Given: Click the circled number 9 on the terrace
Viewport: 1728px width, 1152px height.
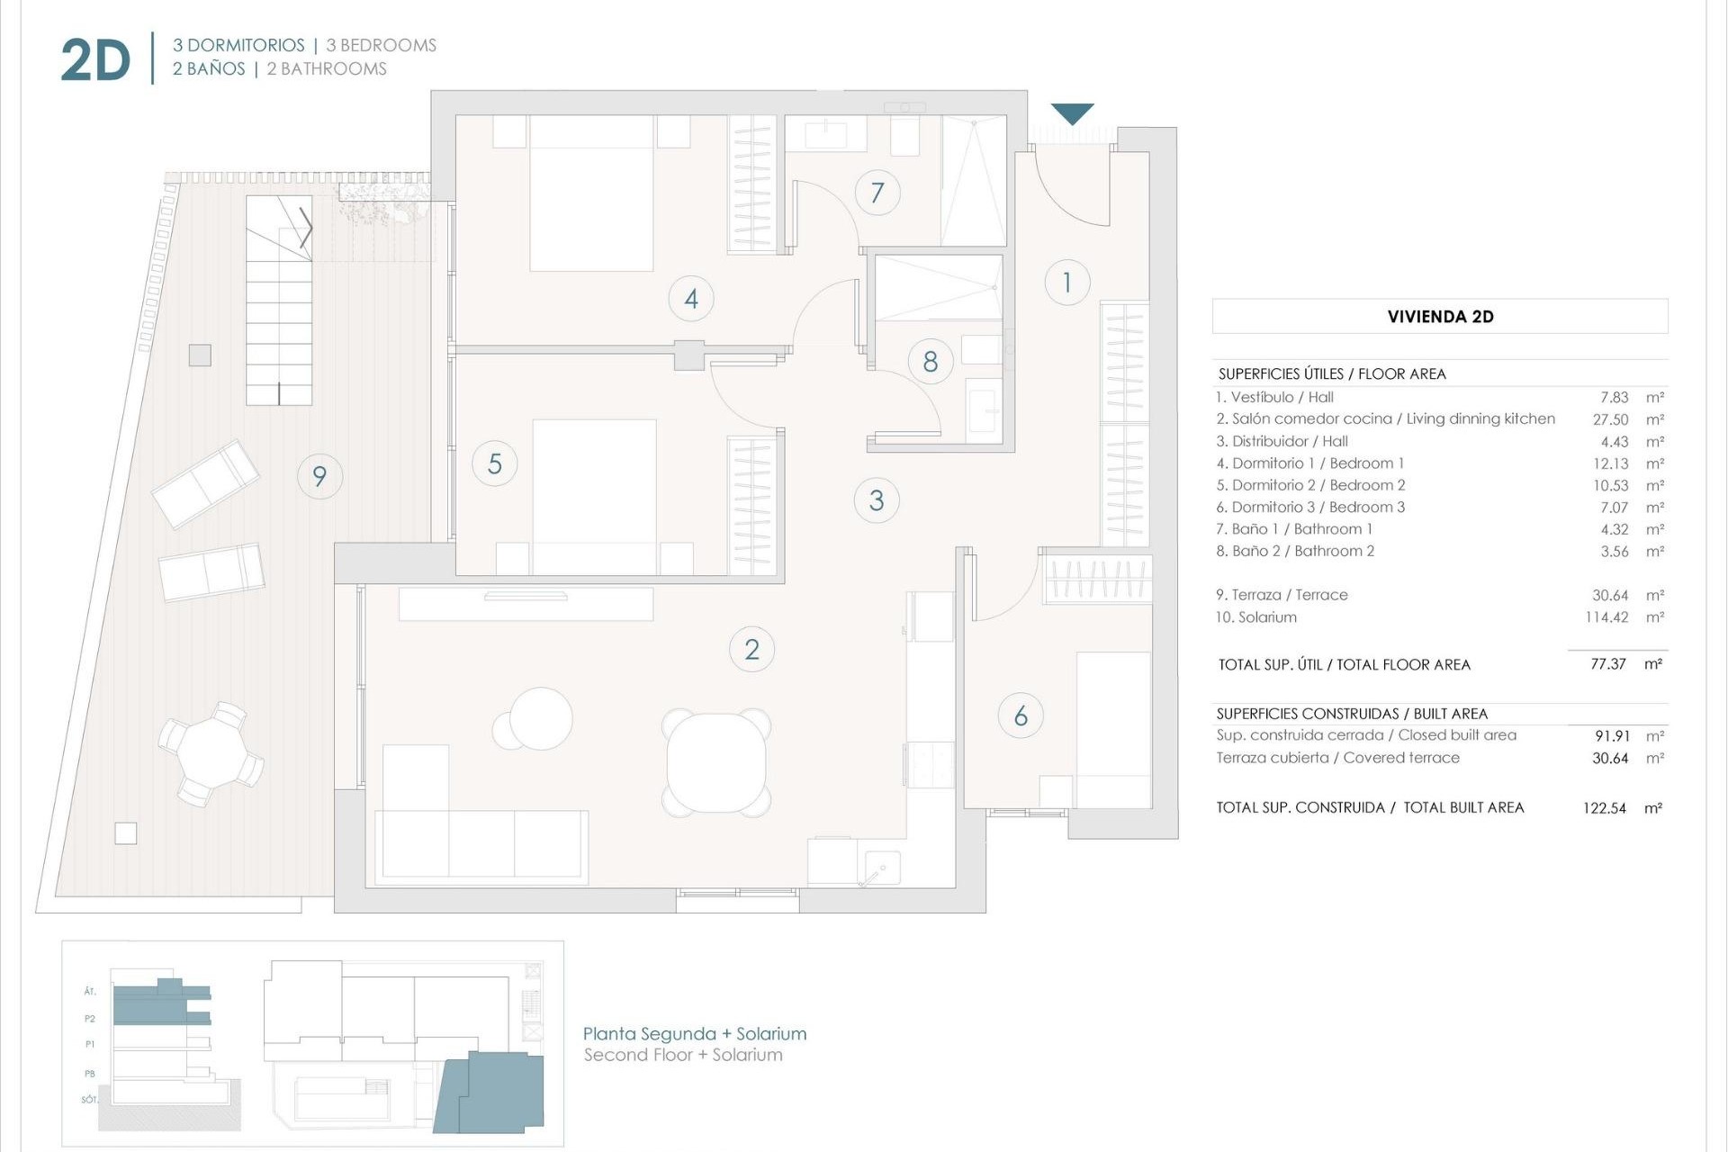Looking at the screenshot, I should point(319,476).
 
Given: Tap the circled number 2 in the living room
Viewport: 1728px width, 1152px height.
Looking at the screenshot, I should point(751,649).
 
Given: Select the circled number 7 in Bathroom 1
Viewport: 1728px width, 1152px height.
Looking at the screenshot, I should point(877,192).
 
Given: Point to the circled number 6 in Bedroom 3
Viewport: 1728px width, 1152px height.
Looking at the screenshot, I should point(1021,715).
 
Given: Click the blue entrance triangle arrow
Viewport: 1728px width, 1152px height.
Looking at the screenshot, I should point(1072,113).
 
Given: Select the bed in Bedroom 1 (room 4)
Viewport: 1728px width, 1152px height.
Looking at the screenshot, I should point(591,193).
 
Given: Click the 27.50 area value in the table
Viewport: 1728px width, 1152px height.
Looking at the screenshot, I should point(1610,419).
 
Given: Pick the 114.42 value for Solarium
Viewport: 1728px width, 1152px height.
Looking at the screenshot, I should point(1606,617).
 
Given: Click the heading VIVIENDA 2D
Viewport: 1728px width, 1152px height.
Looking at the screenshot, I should point(1440,317).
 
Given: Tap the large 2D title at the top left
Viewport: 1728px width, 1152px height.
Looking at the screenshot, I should point(95,61).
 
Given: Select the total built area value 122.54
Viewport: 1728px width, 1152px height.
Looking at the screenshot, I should point(1605,808).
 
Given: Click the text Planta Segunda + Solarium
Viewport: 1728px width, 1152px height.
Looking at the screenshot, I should point(694,1034).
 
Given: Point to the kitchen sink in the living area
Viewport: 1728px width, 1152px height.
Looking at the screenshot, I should point(877,868).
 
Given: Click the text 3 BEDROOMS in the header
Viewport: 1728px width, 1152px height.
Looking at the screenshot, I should point(381,45).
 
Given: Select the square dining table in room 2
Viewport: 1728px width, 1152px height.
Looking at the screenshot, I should point(716,761).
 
